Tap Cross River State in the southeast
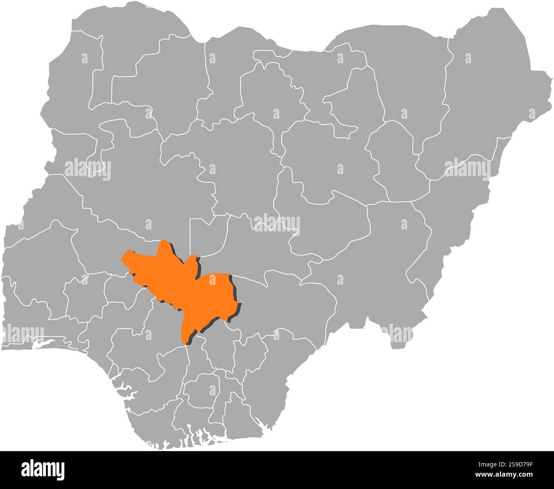point(273,375)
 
